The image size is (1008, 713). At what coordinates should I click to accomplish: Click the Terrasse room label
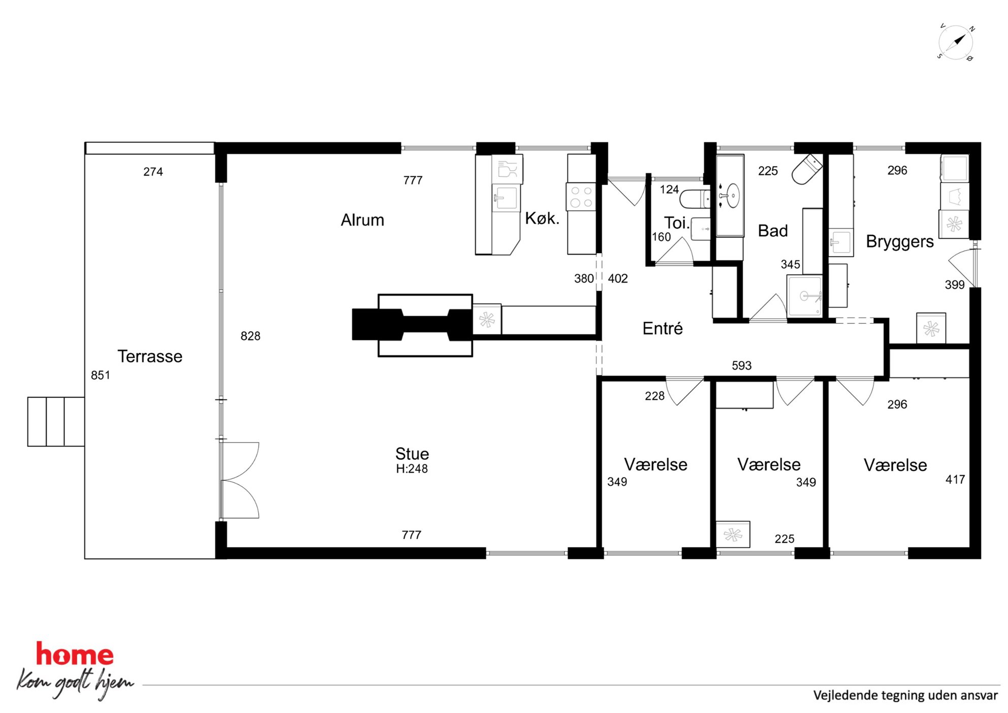(x=150, y=356)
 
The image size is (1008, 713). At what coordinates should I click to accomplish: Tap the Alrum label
(x=362, y=220)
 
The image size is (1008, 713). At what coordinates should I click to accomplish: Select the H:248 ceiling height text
(x=412, y=469)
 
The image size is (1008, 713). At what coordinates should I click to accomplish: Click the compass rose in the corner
(x=956, y=42)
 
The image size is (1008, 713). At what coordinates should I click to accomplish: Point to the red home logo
(x=75, y=654)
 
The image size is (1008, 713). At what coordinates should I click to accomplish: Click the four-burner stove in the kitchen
(x=581, y=197)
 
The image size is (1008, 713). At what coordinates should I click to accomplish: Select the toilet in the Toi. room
(x=695, y=199)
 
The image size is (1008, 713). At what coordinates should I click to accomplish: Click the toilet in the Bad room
(x=807, y=169)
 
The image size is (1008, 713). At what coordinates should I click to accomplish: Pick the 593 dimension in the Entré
(x=741, y=365)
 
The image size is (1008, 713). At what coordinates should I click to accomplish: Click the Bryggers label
(x=900, y=241)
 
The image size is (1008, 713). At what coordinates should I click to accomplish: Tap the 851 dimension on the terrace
(x=101, y=375)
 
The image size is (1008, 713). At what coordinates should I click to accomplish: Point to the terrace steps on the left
(x=56, y=422)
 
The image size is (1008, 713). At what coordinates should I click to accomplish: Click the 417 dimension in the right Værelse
(x=955, y=479)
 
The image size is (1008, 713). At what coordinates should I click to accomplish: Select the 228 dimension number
(x=654, y=396)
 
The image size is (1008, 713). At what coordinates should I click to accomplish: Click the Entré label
(x=663, y=328)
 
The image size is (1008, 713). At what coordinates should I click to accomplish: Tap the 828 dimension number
(x=250, y=336)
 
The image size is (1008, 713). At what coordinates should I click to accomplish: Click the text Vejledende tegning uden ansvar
(x=905, y=695)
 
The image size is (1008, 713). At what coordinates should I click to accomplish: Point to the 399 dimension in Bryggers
(x=955, y=285)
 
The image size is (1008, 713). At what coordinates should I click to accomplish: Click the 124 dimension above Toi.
(x=669, y=190)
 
